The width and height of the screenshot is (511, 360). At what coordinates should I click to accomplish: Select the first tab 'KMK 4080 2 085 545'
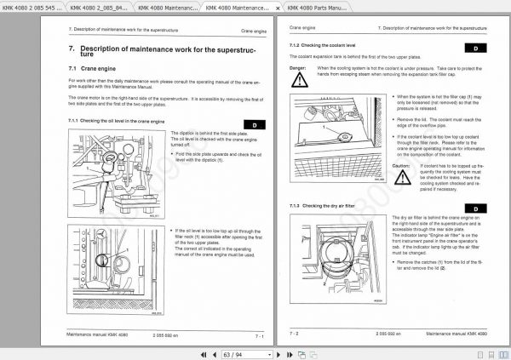32,8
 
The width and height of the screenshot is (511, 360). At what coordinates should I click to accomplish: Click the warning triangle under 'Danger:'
299,80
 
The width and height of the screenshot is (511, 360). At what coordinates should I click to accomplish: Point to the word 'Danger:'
297,66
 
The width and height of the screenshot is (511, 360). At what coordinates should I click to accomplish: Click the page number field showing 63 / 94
233,352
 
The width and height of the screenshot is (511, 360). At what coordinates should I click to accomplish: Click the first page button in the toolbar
203,352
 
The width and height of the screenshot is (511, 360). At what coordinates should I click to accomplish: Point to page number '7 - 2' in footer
295,334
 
